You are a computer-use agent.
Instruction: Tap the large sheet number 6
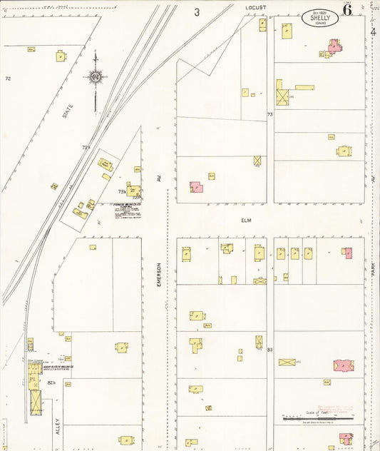347,10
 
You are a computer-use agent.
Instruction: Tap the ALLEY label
57,426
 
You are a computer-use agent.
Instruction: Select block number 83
269,350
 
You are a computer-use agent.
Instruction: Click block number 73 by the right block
269,114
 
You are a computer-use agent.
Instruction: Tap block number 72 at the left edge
8,78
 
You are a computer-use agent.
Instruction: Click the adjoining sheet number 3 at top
197,11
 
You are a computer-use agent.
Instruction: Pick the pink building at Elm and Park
346,253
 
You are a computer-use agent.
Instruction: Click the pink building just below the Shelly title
333,47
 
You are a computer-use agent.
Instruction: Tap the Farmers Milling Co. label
125,204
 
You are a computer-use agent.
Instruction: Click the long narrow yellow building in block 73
304,88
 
